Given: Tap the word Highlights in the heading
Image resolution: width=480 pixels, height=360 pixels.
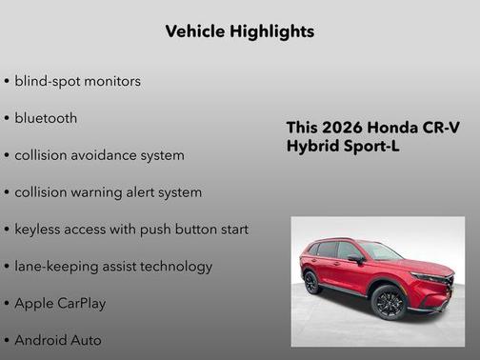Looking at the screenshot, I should point(272,31).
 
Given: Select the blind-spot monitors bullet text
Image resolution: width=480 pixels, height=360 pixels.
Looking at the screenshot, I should point(77,81).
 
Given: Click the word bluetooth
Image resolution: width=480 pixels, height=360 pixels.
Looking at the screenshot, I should point(46,118).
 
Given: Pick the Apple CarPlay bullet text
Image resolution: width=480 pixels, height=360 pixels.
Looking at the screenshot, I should point(60,304).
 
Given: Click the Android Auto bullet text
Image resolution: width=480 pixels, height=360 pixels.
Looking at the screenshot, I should point(58,340).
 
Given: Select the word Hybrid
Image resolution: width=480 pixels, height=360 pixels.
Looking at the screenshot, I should point(312,147).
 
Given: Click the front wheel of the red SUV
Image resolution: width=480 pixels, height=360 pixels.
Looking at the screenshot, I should point(390,302).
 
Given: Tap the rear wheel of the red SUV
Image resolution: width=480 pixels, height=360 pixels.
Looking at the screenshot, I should point(311,282).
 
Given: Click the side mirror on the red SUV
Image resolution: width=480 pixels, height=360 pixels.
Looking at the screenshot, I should point(355,258).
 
